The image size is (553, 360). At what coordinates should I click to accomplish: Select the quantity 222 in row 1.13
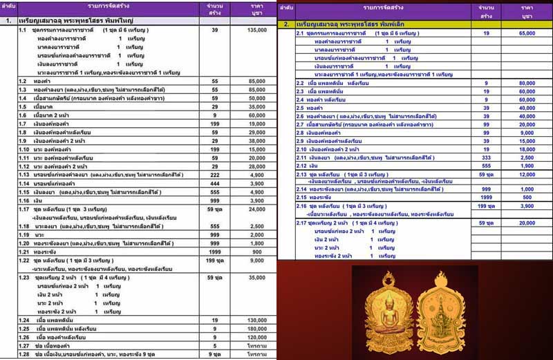(x=215, y=176)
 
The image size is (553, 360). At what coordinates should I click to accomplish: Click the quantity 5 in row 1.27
(x=215, y=345)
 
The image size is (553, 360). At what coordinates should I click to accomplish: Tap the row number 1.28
(x=24, y=354)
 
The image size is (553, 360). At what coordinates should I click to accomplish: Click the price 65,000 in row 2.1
(x=527, y=33)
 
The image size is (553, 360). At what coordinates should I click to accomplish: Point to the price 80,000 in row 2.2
(x=527, y=83)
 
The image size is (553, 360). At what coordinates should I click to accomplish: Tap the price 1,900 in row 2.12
(x=527, y=166)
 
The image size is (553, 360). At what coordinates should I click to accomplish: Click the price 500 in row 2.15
(x=527, y=197)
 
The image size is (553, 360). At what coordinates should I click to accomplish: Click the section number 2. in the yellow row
(x=286, y=24)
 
